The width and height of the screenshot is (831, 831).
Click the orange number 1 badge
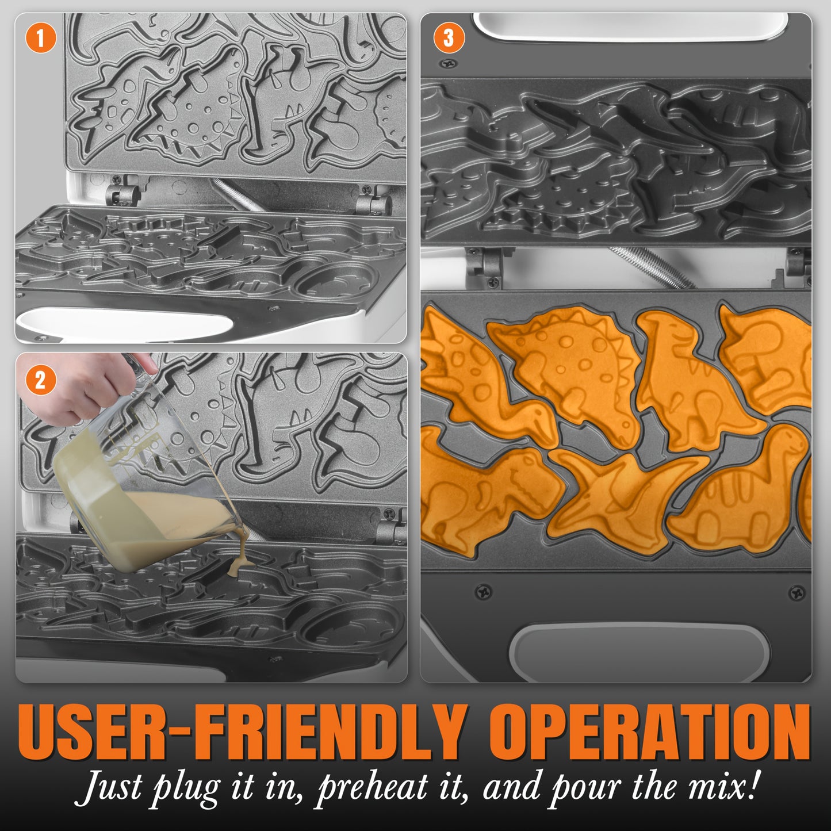pyautogui.click(x=40, y=38)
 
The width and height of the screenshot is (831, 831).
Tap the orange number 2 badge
pyautogui.click(x=40, y=380)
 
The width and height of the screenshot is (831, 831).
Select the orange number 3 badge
pyautogui.click(x=449, y=38)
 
